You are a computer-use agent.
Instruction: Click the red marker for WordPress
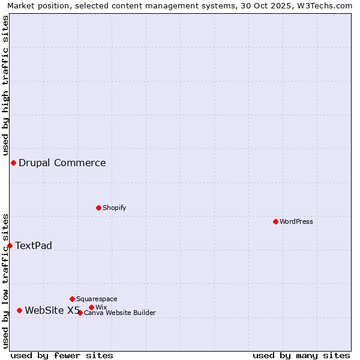point(275,221)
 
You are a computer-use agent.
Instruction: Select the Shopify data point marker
point(98,208)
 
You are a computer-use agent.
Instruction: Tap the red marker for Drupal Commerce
point(13,163)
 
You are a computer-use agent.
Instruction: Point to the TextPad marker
point(10,245)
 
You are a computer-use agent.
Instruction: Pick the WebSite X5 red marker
point(19,310)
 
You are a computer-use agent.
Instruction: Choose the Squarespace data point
point(72,299)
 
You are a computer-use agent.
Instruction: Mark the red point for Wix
point(91,307)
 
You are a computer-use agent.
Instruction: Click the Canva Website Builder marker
point(80,313)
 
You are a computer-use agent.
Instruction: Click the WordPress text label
point(296,221)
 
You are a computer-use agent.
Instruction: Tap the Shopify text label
point(115,208)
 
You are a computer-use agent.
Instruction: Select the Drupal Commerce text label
point(62,163)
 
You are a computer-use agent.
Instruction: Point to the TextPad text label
point(34,245)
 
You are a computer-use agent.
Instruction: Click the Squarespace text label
point(97,299)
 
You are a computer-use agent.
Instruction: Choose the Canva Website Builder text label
point(120,313)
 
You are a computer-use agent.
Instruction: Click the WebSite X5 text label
point(52,310)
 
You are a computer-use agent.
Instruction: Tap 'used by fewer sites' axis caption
point(62,355)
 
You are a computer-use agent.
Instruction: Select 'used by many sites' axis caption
point(301,355)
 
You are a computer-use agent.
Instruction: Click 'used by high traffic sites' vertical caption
point(5,85)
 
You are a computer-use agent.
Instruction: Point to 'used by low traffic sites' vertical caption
point(5,281)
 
